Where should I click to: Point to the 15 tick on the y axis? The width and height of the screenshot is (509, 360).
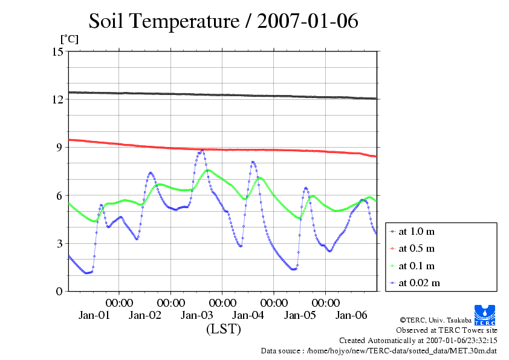[57, 51]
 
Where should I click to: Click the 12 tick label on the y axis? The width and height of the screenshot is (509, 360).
[57, 99]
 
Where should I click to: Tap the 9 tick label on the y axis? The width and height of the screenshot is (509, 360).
[60, 147]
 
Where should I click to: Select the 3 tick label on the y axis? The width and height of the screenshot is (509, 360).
[60, 243]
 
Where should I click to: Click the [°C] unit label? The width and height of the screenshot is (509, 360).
[68, 39]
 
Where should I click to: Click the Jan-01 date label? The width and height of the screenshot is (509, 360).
[94, 315]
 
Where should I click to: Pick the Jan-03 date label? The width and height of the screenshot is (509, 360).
[197, 315]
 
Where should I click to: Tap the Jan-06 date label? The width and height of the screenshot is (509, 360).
[351, 315]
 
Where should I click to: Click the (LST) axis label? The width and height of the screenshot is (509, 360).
[223, 330]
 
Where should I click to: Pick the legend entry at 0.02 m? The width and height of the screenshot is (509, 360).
[419, 283]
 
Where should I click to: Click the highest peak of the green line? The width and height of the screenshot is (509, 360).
[208, 170]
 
